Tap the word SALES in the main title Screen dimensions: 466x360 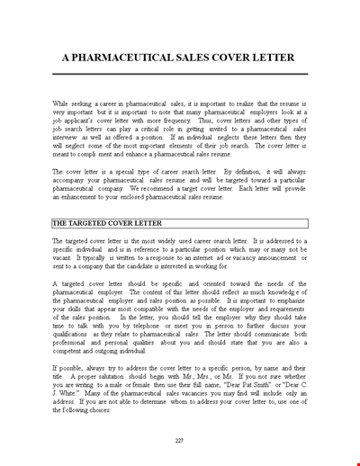coord(213,57)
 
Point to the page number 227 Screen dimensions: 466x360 coord(180,440)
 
